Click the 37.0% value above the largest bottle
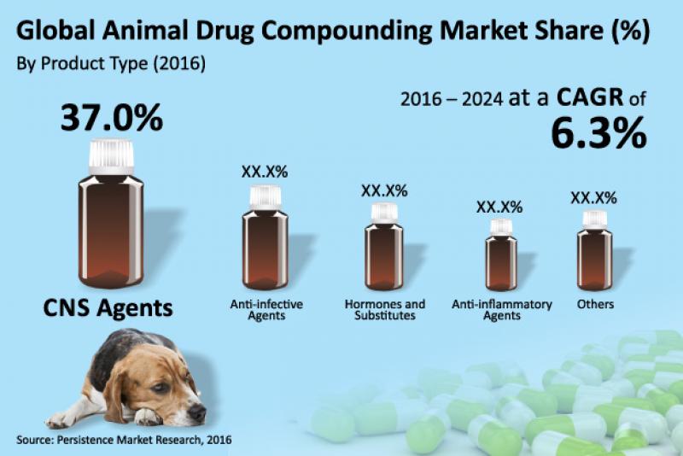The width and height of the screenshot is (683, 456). (111, 117)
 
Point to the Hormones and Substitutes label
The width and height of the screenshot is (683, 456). (384, 310)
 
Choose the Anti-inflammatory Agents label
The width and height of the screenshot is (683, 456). (501, 310)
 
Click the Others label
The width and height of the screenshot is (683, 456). (594, 304)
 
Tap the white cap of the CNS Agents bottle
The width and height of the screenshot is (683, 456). (112, 155)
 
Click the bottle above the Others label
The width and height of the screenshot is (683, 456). (594, 252)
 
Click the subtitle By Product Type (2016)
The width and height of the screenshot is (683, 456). (110, 64)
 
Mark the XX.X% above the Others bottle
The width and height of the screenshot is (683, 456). (594, 198)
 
